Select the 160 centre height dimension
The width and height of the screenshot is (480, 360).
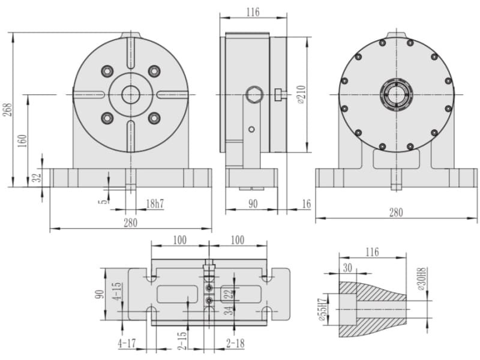[22, 140]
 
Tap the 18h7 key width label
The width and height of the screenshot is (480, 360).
[155, 203]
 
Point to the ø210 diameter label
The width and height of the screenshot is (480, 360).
[302, 95]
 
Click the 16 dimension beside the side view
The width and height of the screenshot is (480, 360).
[306, 204]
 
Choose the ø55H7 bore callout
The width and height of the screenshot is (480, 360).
[322, 309]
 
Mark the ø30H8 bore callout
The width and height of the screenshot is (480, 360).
[422, 279]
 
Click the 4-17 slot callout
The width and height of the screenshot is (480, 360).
[127, 343]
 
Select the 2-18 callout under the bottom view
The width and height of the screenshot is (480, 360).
[235, 343]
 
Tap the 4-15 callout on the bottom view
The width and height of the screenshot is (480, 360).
[117, 291]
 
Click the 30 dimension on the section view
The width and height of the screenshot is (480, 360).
[347, 268]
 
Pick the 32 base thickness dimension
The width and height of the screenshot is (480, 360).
[37, 178]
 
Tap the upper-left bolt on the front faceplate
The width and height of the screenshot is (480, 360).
[107, 71]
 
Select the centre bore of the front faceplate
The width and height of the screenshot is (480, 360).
[131, 95]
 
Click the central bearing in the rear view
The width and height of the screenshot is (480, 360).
[397, 94]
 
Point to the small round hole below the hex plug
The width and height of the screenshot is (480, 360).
[251, 130]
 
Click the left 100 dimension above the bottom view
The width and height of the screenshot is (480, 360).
[179, 241]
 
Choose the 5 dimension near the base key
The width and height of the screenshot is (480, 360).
[104, 201]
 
